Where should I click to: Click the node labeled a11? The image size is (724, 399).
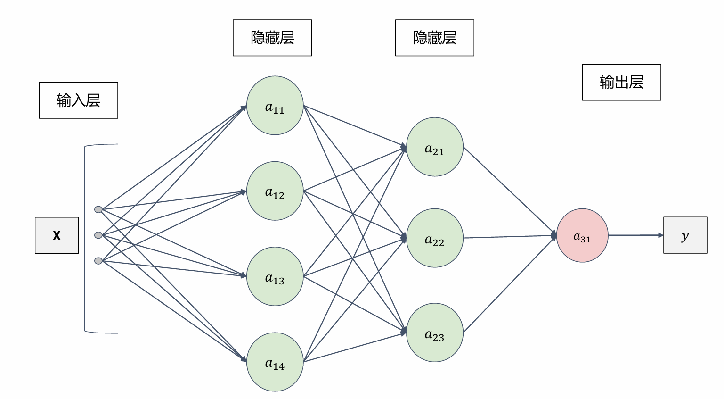pos(275,106)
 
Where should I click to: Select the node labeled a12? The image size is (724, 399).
pos(275,191)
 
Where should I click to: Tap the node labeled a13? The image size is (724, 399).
pos(275,276)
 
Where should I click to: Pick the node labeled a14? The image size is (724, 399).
pos(275,362)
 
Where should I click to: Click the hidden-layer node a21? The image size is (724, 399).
pos(434,147)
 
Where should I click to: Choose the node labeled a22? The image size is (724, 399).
pos(434,238)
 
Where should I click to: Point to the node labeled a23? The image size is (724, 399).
pos(434,332)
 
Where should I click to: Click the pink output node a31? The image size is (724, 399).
pos(582,235)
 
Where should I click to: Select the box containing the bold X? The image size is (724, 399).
pos(57,235)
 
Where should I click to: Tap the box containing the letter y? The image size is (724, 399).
pos(685,235)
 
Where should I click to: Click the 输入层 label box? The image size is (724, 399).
pos(78,100)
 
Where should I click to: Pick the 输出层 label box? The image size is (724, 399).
pos(621,82)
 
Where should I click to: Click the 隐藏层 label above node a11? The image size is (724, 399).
pos(272,38)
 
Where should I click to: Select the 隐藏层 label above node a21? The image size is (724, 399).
pos(434,38)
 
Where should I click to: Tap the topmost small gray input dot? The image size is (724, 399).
pos(98,209)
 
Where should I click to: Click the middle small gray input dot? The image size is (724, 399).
pos(98,235)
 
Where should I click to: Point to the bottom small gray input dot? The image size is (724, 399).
pos(98,261)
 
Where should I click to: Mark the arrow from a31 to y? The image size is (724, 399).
pos(635,235)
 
